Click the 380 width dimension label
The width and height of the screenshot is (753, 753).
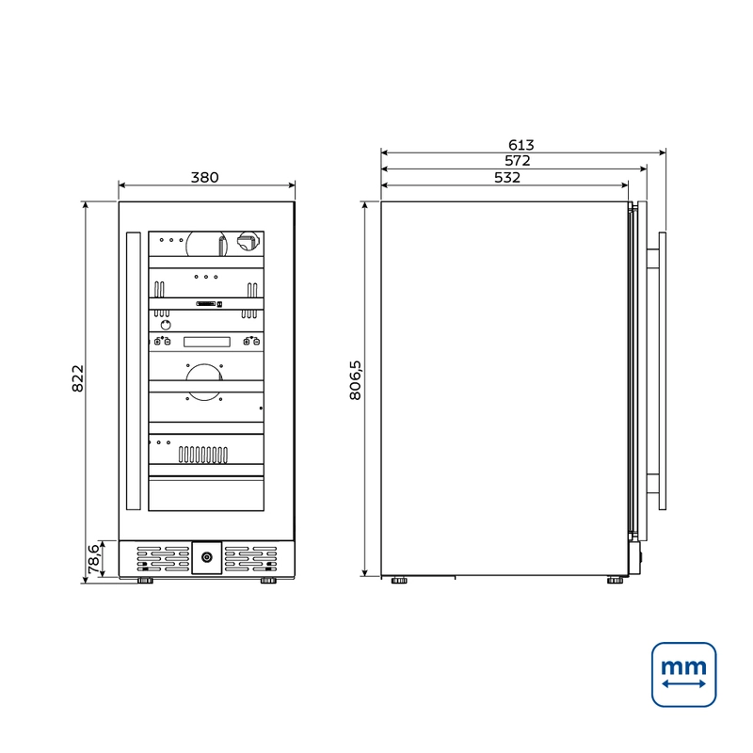[204, 178]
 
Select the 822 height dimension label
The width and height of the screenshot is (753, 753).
[78, 378]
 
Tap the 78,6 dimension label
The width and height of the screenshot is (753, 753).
[93, 559]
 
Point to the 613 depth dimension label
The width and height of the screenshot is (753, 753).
[521, 145]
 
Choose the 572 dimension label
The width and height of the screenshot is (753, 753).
[517, 160]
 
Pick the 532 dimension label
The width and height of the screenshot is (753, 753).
[507, 178]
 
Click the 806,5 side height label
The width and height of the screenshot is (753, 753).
[356, 380]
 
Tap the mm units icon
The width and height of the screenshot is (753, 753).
[684, 675]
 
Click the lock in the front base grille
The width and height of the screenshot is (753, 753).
[207, 557]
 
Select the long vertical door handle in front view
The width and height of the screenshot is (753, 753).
[134, 371]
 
